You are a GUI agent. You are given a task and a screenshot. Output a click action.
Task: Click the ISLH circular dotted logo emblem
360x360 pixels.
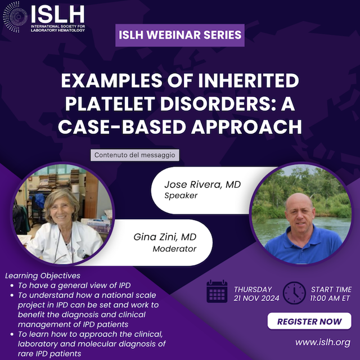point(15,17)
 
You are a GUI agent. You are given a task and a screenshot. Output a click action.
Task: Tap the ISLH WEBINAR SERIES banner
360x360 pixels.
point(180,35)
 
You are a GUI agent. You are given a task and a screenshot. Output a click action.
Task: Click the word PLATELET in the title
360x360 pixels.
point(110,103)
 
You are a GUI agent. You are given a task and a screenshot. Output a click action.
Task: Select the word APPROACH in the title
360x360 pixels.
point(246,127)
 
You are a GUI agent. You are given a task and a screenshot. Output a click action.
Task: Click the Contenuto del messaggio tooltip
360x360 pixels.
point(135,155)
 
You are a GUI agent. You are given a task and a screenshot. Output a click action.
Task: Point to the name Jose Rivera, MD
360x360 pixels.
point(202,184)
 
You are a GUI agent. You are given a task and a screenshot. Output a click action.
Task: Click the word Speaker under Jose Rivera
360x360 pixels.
point(181,196)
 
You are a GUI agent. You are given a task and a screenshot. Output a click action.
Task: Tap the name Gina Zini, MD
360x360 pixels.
point(165,237)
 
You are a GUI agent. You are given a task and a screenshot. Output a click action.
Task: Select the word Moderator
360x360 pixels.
point(174,249)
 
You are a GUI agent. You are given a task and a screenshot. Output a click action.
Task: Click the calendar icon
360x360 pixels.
point(217,291)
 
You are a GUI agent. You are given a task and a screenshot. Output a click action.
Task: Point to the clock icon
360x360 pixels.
point(294,293)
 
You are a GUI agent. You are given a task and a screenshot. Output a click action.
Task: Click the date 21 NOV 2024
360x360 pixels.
point(256,298)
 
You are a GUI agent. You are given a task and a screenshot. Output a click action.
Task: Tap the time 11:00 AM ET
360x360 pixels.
point(330,298)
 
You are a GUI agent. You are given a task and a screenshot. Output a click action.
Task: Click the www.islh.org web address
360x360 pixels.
point(323,343)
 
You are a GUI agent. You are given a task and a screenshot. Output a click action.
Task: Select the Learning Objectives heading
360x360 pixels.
point(43,276)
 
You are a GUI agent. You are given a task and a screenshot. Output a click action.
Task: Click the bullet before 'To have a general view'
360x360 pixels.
point(12,286)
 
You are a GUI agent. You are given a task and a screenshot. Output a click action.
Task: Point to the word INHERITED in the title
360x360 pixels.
point(249,80)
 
